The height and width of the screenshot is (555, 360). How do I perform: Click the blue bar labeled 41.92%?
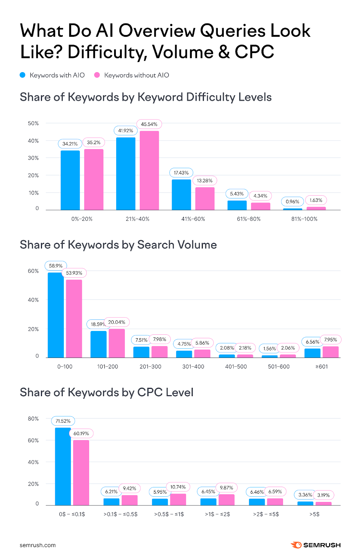[x=126, y=173]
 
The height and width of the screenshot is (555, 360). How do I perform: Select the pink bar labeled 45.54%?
[x=149, y=170]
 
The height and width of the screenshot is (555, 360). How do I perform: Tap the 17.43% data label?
[x=181, y=173]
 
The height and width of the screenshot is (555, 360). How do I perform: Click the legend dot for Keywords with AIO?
[x=23, y=75]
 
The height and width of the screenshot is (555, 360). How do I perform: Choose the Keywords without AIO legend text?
[x=136, y=75]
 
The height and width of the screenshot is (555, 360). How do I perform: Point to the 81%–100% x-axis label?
[x=304, y=219]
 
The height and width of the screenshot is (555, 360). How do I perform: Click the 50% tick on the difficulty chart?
[x=33, y=123]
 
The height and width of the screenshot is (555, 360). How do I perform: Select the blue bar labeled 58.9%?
[x=55, y=315]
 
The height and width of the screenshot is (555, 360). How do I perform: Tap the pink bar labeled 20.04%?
[x=117, y=343]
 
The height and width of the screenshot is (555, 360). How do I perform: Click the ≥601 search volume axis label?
[x=322, y=366]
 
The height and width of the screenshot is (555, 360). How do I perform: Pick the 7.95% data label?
[x=331, y=340]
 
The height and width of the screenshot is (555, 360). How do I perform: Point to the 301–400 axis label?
[x=193, y=366]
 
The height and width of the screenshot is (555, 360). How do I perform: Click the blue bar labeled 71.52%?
[x=63, y=466]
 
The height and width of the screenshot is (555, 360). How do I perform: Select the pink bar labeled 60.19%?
[x=81, y=472]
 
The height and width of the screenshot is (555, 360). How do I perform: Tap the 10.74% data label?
[x=178, y=487]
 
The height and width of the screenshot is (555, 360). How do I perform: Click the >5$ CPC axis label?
[x=314, y=514]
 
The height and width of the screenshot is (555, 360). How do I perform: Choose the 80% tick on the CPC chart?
[x=33, y=419]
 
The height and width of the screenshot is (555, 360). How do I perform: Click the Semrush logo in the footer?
[x=316, y=545]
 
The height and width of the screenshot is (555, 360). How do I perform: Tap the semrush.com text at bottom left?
[x=37, y=545]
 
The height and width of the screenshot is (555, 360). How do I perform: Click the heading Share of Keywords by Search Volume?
[x=118, y=245]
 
